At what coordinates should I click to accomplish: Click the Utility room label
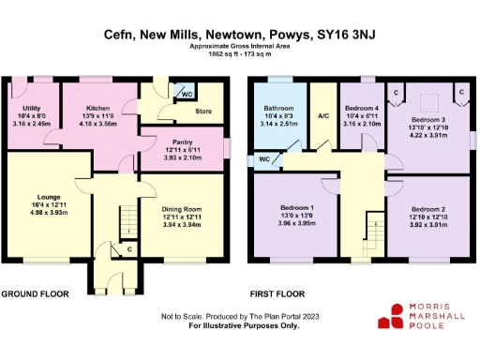pyautogui.click(x=31, y=110)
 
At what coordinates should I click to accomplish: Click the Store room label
pyautogui.click(x=202, y=111)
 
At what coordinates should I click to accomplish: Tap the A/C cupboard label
pyautogui.click(x=324, y=116)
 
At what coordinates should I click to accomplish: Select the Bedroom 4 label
pyautogui.click(x=360, y=110)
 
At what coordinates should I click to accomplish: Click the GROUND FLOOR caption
pyautogui.click(x=36, y=292)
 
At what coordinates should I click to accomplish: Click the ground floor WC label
pyautogui.click(x=187, y=95)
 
